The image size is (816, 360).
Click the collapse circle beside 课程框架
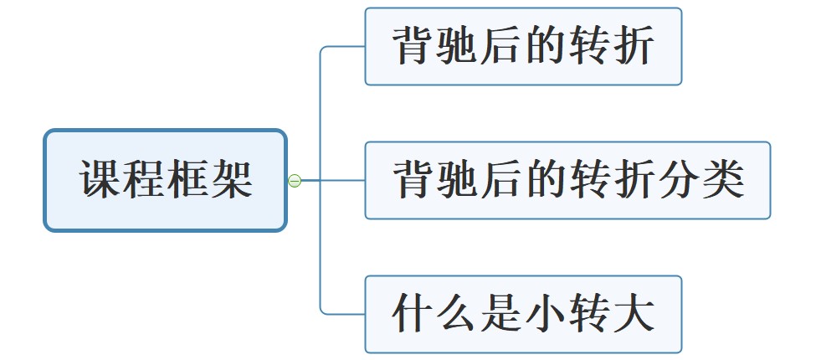(295, 180)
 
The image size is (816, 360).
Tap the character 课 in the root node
(101, 179)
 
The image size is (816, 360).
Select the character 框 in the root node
(188, 179)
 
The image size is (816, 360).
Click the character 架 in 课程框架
(232, 179)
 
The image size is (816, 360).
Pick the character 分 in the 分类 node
(679, 179)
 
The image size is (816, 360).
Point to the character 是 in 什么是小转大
(502, 314)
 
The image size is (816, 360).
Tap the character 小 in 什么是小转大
(546, 314)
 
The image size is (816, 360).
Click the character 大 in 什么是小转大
(634, 314)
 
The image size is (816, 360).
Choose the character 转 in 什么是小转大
(590, 314)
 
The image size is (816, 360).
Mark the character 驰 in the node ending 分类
(459, 179)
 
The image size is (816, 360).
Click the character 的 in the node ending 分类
(547, 179)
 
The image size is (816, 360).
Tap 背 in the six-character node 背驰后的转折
(414, 46)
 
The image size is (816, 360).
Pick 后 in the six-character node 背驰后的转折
(502, 46)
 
